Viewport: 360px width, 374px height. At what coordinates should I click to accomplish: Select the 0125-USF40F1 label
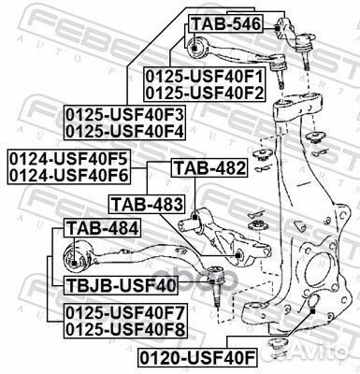(203, 76)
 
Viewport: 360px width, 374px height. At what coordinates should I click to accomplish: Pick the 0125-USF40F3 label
(123, 115)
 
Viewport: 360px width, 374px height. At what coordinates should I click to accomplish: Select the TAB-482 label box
(209, 168)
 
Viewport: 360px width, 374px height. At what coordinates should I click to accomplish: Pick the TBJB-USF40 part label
(114, 284)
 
